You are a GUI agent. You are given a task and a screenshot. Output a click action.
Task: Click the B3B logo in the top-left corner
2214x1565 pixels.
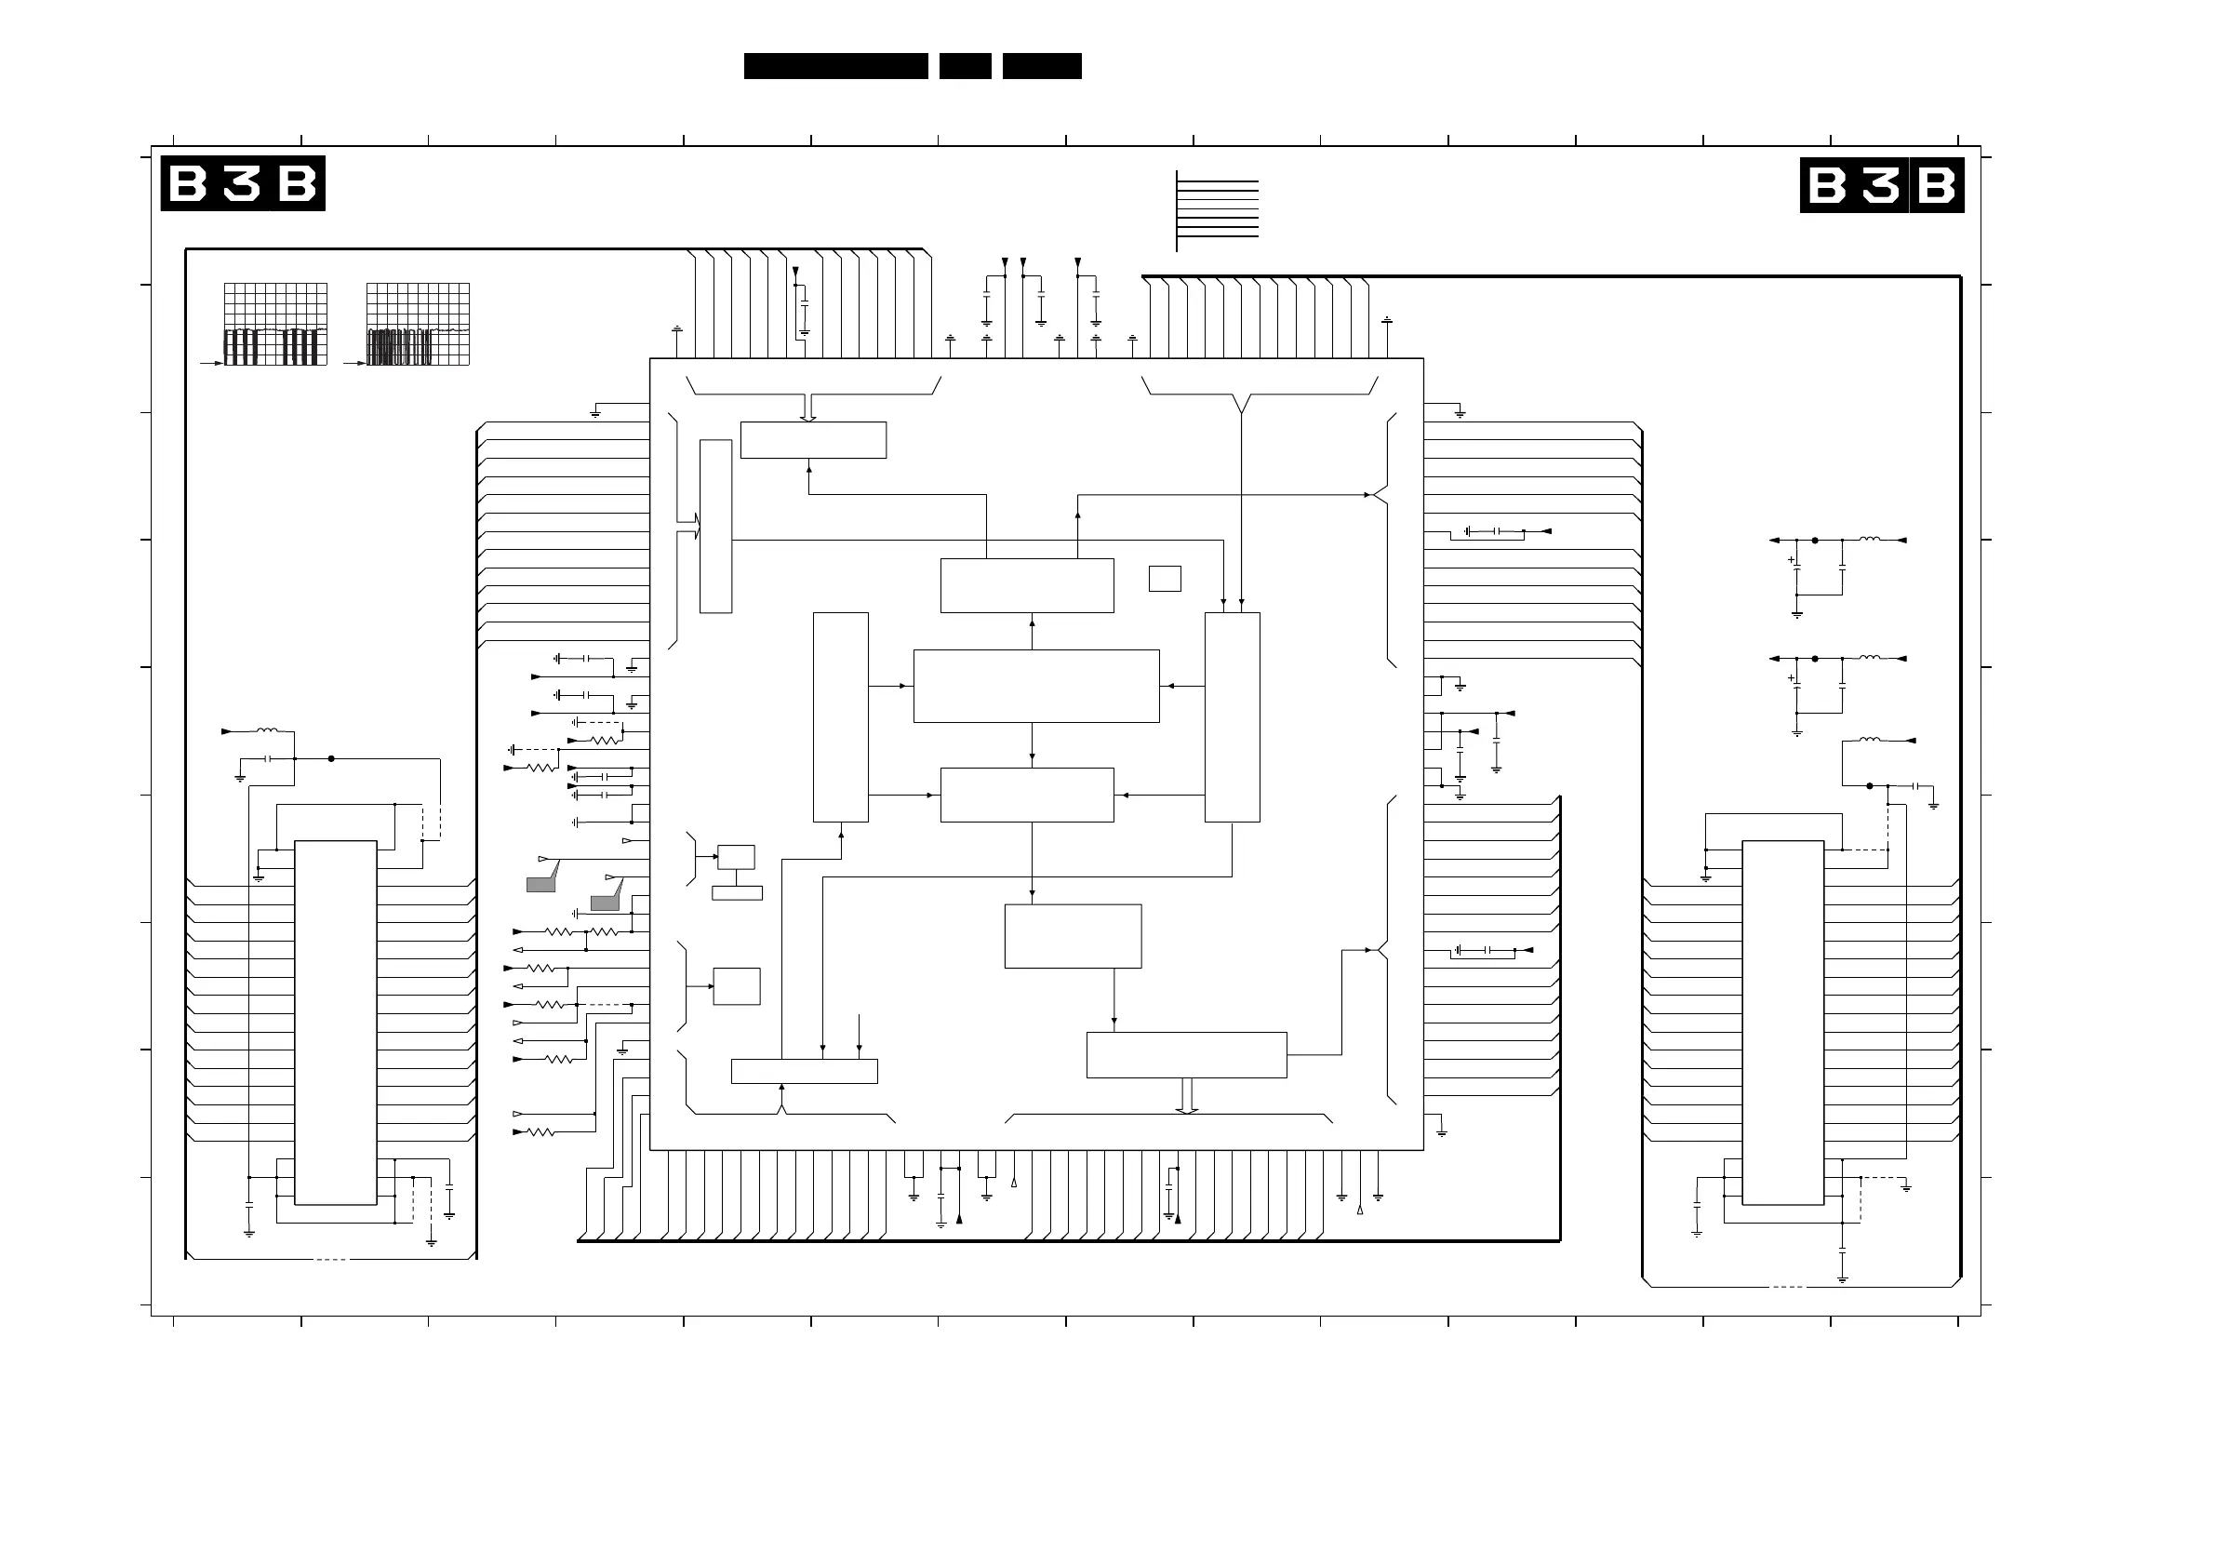click(x=243, y=183)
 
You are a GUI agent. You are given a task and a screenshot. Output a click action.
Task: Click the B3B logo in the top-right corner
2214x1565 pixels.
click(x=1881, y=184)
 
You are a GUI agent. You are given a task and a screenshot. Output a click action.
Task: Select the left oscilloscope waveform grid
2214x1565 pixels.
click(x=275, y=324)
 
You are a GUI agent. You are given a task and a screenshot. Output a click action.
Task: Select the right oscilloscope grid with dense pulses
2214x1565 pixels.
click(x=419, y=324)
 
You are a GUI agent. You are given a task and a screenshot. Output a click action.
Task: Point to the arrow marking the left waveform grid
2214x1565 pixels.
click(x=211, y=364)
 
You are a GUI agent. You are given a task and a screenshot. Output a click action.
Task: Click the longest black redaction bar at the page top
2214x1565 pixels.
click(x=836, y=65)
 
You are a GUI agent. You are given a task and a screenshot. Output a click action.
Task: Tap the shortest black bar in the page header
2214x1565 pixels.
click(x=966, y=65)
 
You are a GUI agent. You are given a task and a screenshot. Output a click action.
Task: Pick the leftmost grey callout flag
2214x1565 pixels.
click(x=541, y=882)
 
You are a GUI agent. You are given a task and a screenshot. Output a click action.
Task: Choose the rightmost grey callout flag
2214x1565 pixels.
click(x=606, y=902)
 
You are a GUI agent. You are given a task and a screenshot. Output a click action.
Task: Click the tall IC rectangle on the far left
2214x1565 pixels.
click(x=336, y=1023)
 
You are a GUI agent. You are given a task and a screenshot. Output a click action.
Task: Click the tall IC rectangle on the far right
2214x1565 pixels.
click(x=1783, y=1023)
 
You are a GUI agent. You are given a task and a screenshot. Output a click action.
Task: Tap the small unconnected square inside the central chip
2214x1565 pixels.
click(x=1165, y=579)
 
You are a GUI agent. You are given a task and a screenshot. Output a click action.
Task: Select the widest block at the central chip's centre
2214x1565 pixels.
click(x=1036, y=686)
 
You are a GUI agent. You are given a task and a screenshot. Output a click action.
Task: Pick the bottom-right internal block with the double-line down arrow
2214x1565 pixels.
click(x=1186, y=1055)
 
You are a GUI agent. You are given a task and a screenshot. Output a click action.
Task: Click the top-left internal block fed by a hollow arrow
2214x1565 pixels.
click(x=813, y=440)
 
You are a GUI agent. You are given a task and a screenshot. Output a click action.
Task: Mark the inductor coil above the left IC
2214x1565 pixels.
click(x=266, y=731)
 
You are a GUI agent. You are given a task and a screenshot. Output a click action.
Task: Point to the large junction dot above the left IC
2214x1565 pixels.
click(x=332, y=759)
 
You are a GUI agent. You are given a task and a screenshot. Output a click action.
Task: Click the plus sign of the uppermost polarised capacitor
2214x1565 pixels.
click(x=1792, y=559)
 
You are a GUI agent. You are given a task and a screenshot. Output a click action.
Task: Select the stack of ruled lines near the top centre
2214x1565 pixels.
click(x=1218, y=208)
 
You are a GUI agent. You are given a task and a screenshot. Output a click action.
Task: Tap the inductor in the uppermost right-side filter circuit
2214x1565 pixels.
click(x=1870, y=540)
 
